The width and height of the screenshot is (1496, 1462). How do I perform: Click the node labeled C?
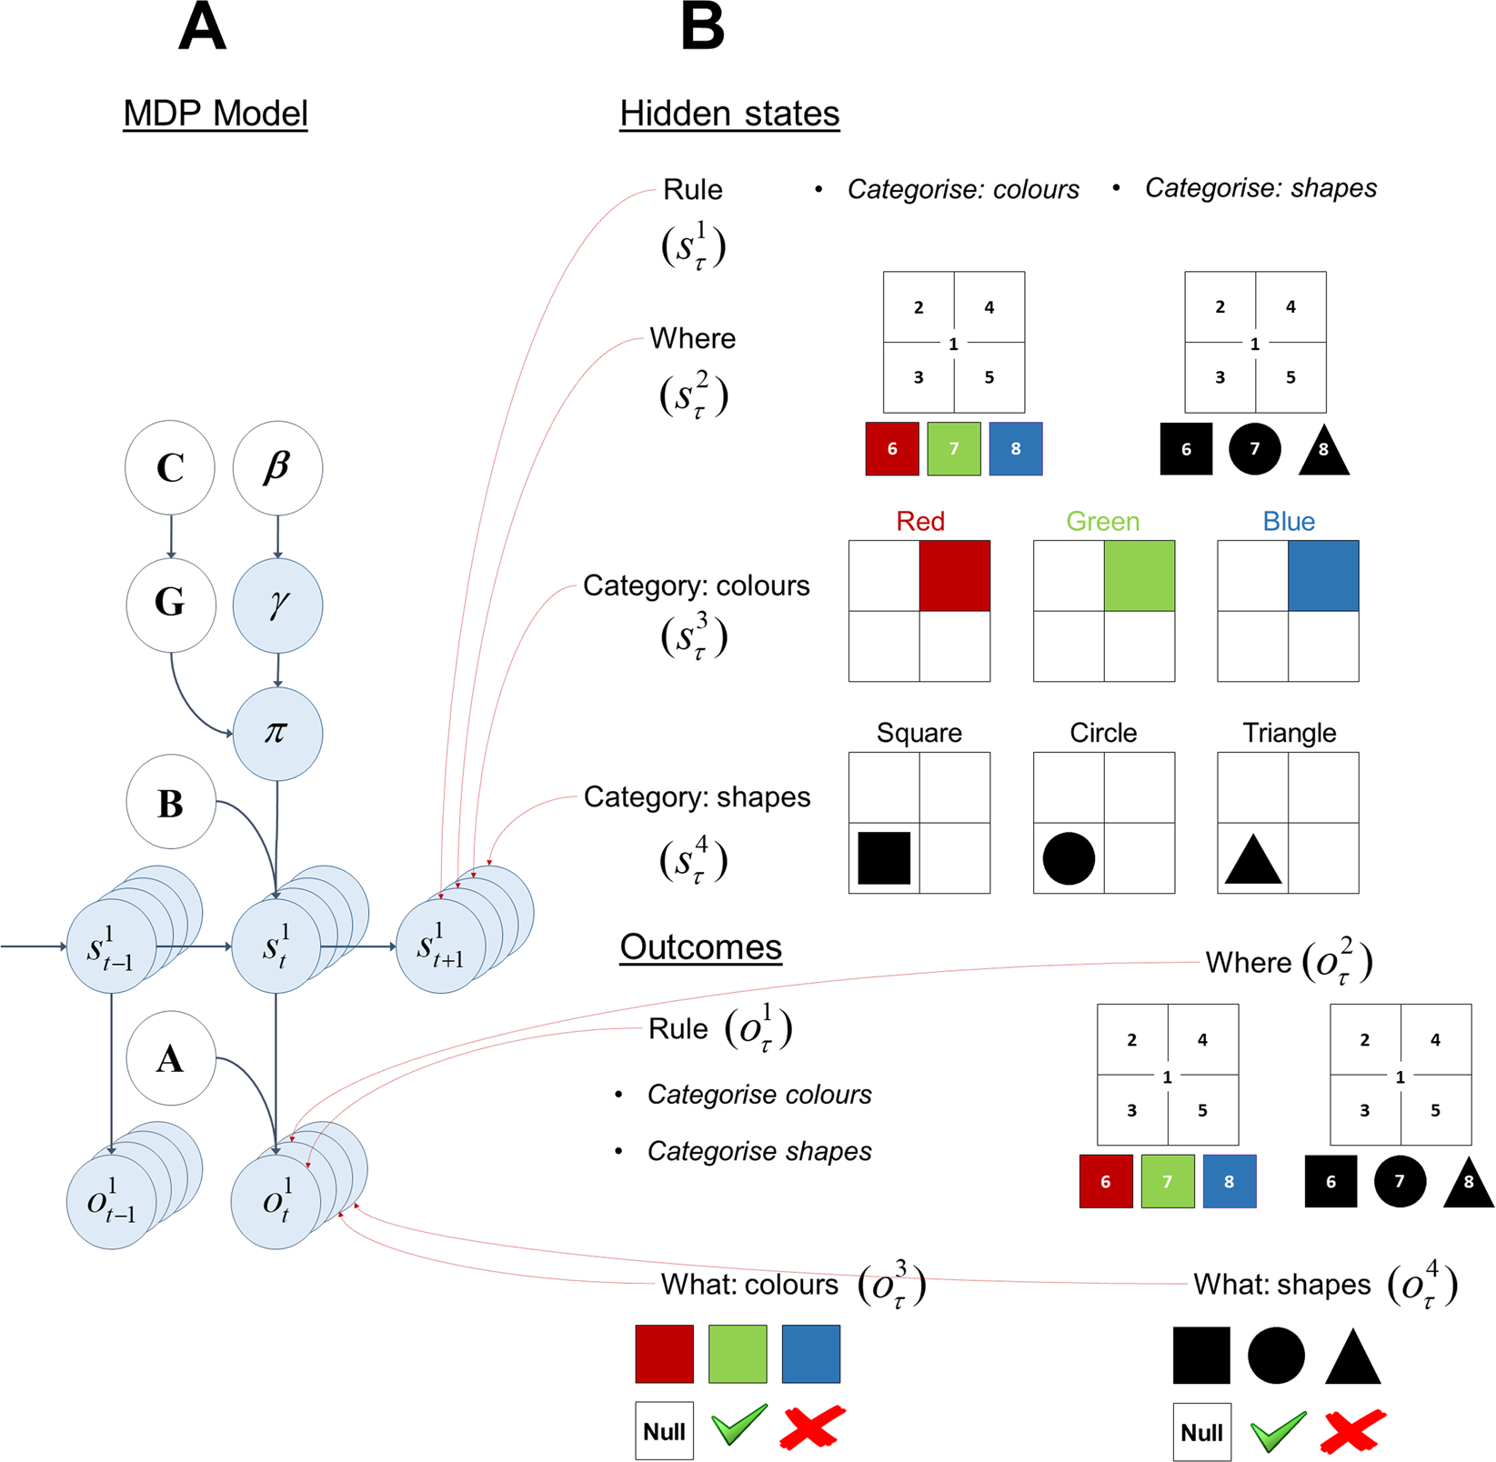[x=170, y=467]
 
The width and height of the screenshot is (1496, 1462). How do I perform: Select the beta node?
[x=277, y=467]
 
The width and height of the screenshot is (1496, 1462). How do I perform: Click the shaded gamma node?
[x=277, y=605]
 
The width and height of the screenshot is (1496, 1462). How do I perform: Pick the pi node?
[x=277, y=733]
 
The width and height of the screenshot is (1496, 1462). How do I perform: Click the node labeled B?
[x=170, y=802]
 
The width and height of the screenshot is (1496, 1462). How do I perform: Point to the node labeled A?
[x=170, y=1058]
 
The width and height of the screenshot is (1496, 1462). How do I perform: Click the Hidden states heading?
[x=729, y=114]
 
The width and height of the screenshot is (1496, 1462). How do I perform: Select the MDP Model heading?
[x=216, y=114]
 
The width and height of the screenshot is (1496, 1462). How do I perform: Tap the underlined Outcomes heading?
[x=700, y=947]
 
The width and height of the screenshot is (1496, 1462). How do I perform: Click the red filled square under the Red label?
[x=954, y=576]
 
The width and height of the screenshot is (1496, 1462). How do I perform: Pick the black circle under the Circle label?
[x=1069, y=858]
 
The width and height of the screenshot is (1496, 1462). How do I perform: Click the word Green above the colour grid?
[x=1102, y=521]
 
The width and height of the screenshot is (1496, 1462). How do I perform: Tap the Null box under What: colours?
[x=664, y=1431]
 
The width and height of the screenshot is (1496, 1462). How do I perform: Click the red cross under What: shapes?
[x=1353, y=1431]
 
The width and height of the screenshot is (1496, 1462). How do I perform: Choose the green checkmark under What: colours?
[x=738, y=1425]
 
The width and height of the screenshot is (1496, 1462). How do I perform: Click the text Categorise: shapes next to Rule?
[x=1260, y=188]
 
